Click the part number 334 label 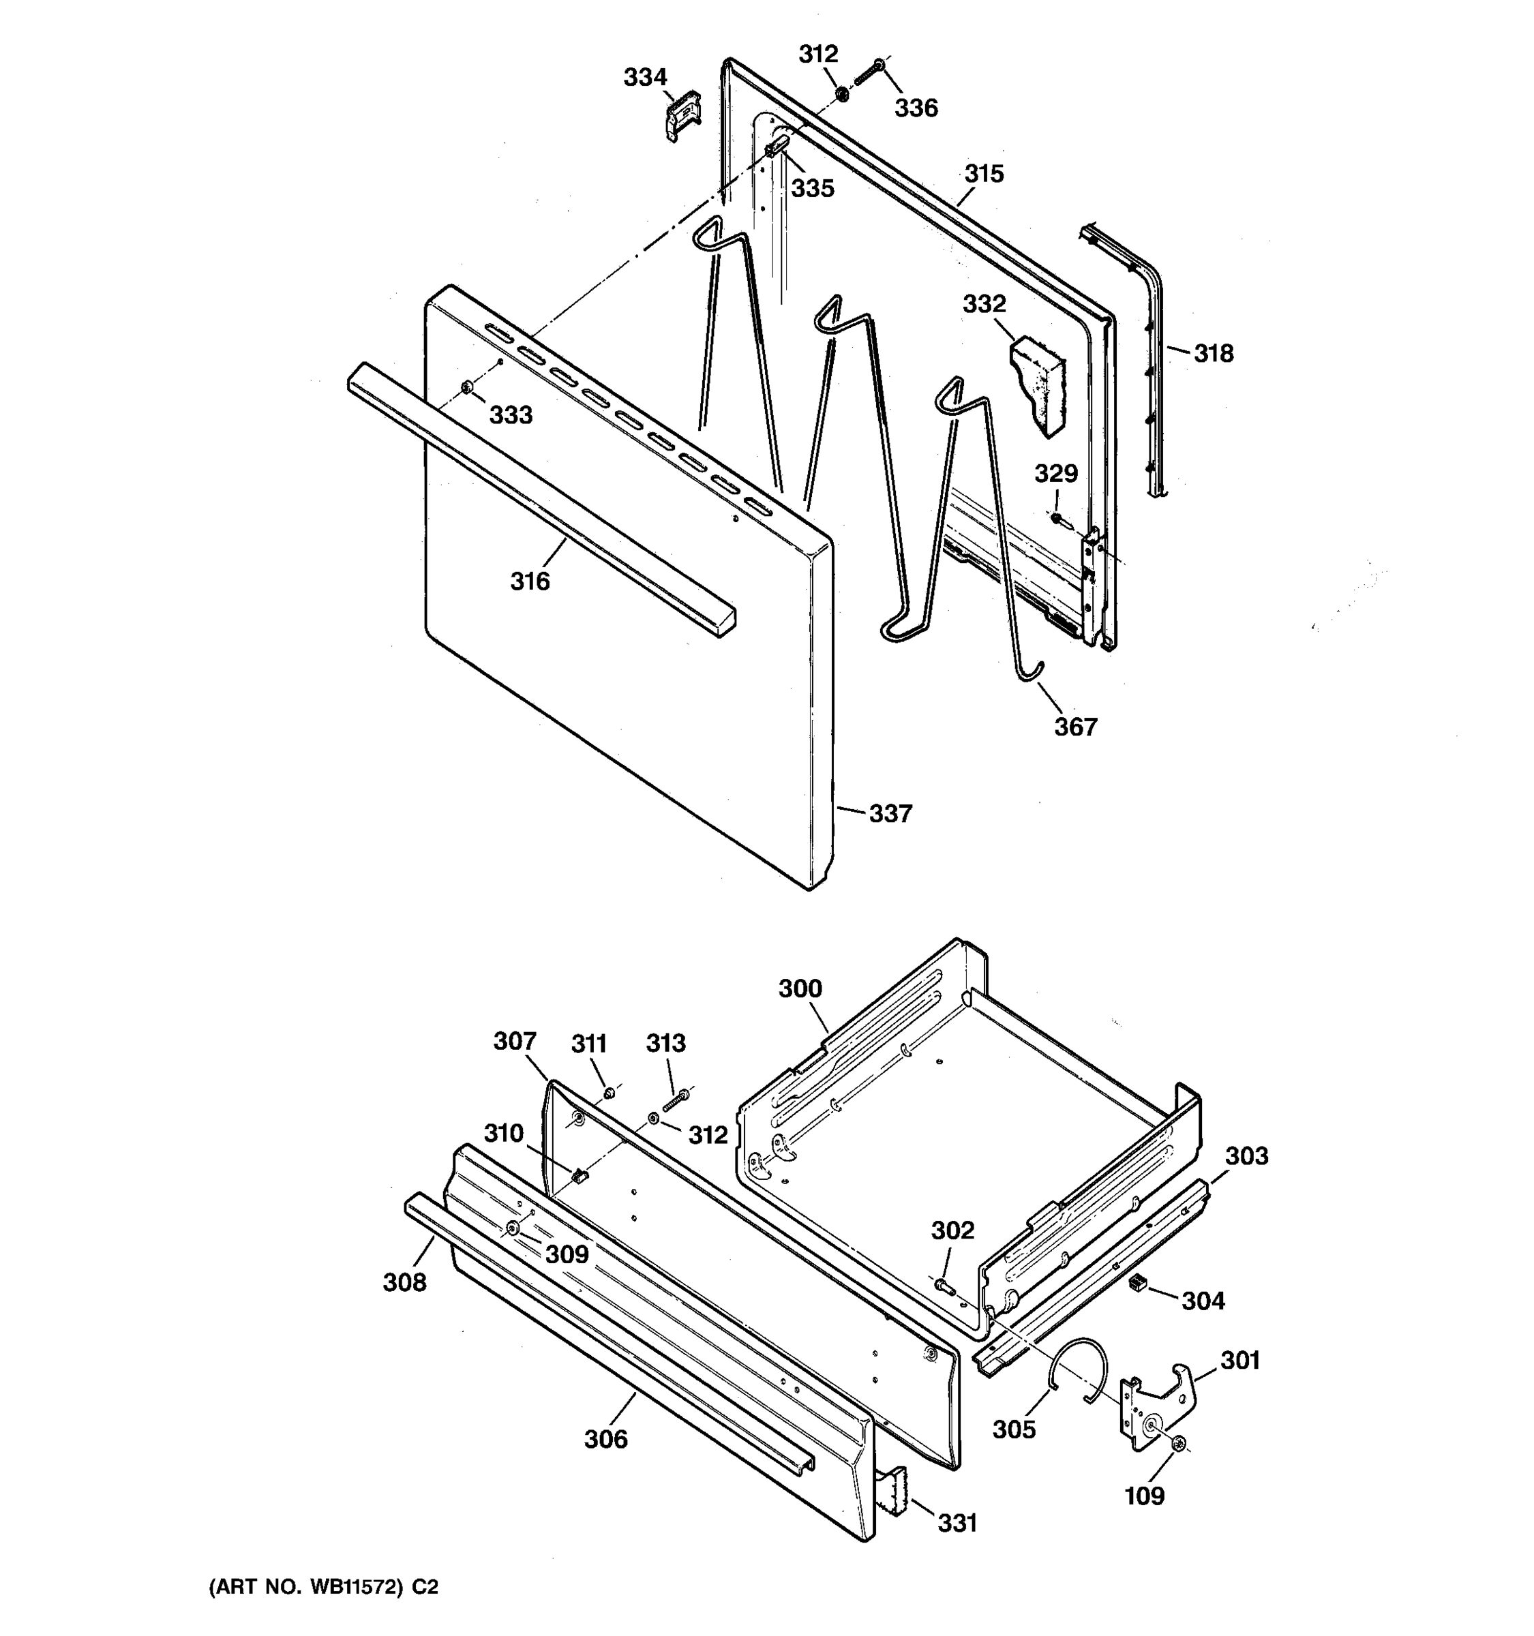coord(644,77)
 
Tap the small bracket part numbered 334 coord(682,116)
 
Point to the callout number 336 coord(916,108)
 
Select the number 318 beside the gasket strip coord(1213,354)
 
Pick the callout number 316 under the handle coord(529,582)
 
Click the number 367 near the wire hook coord(1076,727)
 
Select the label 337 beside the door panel coord(890,814)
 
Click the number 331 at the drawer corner coord(957,1524)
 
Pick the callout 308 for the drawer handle coord(404,1282)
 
